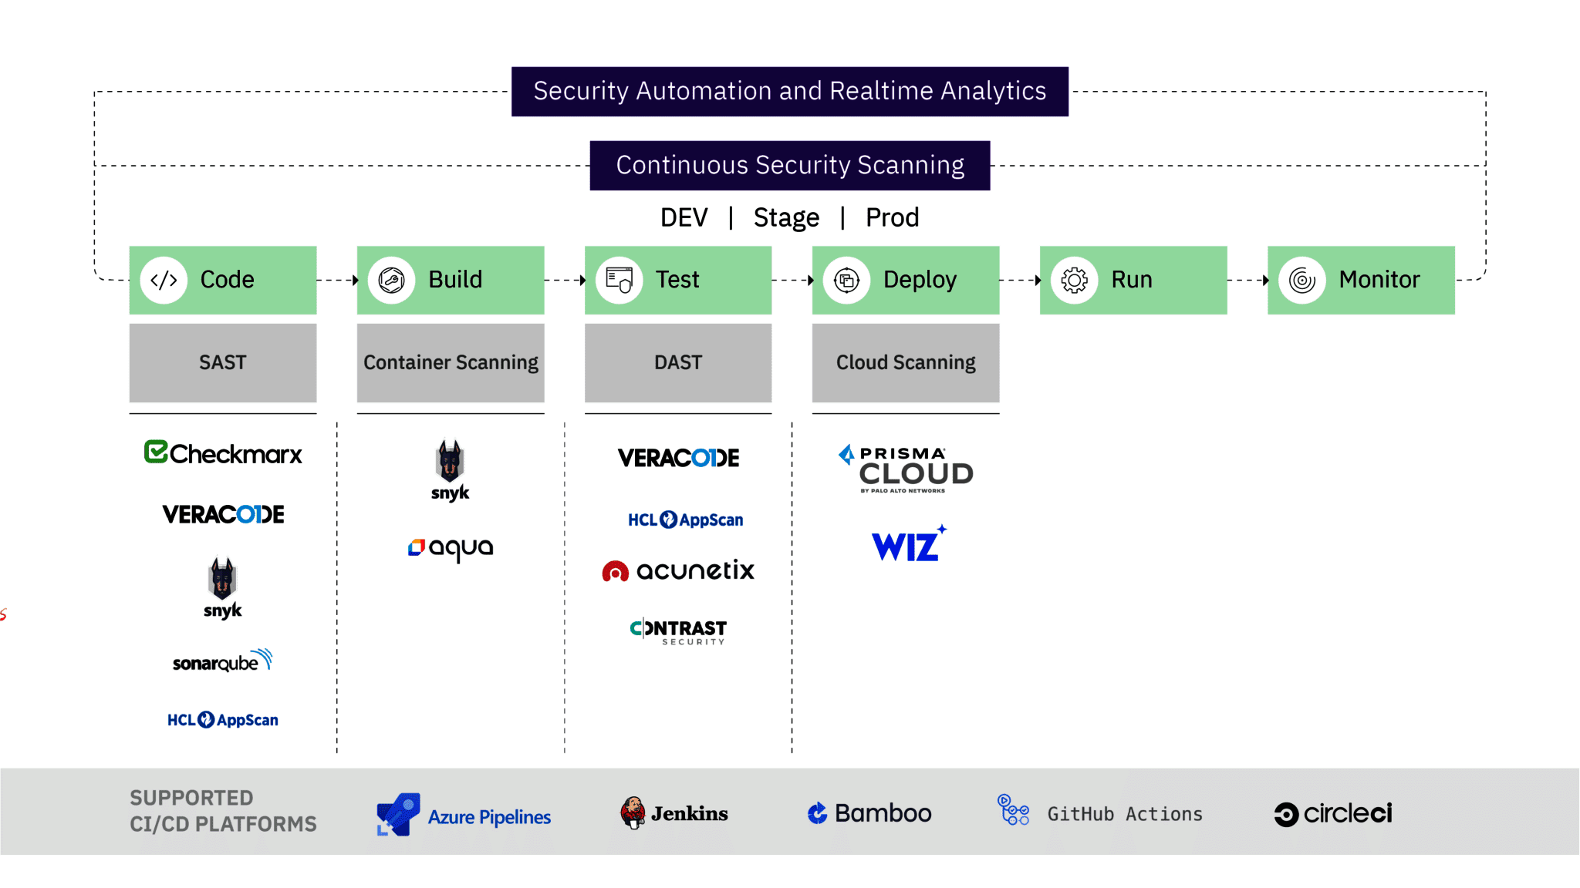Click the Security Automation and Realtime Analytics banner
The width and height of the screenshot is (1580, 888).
(x=789, y=91)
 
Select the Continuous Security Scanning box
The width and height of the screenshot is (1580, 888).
(x=789, y=165)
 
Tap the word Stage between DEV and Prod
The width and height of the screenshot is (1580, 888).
(x=785, y=217)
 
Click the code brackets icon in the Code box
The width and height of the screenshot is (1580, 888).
(x=164, y=280)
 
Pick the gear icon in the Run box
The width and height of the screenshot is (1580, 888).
(x=1074, y=280)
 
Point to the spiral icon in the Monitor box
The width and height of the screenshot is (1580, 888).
(x=1301, y=280)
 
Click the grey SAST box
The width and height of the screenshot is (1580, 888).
(x=222, y=362)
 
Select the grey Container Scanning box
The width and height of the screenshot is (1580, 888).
(x=451, y=362)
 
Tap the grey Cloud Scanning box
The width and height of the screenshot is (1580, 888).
(x=905, y=362)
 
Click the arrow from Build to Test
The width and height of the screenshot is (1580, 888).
(x=565, y=280)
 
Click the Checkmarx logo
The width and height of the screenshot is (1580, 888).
(x=223, y=453)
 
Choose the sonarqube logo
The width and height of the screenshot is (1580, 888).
(x=222, y=661)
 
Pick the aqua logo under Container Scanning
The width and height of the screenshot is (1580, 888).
(x=451, y=547)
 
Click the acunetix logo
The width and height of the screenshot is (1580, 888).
(x=678, y=570)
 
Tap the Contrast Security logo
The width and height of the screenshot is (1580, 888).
(x=678, y=631)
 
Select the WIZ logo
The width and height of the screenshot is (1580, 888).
(x=908, y=544)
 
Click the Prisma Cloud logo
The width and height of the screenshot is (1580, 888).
(x=906, y=468)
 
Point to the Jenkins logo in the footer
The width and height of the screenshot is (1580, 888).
(x=674, y=813)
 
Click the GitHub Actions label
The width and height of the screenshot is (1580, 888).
(x=1124, y=814)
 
